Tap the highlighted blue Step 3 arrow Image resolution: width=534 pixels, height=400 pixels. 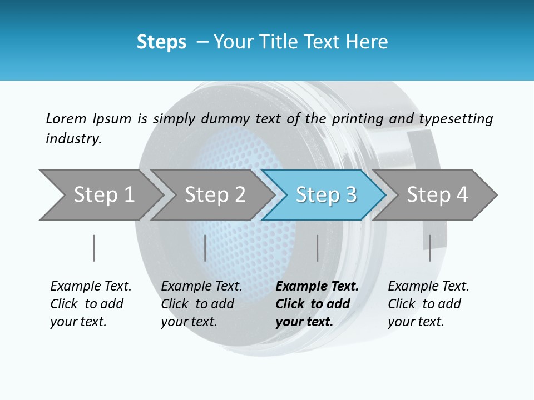coord(325,195)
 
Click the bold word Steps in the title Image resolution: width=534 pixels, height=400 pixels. coord(161,42)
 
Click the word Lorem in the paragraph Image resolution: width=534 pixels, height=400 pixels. coord(65,118)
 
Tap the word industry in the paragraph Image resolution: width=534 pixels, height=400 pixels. coord(73,138)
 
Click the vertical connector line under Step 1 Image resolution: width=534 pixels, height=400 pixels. coord(94,248)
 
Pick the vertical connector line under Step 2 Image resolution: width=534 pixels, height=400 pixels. coord(205,248)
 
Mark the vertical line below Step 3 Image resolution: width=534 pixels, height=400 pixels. coord(317,248)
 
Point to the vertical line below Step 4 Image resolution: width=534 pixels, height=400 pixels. coord(429,248)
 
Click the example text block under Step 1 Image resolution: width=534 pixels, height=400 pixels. coord(91,304)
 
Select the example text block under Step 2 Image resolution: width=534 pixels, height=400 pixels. coord(201,304)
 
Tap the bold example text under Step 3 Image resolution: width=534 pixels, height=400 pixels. coord(317,304)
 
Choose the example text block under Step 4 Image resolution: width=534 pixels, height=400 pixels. coord(428,304)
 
